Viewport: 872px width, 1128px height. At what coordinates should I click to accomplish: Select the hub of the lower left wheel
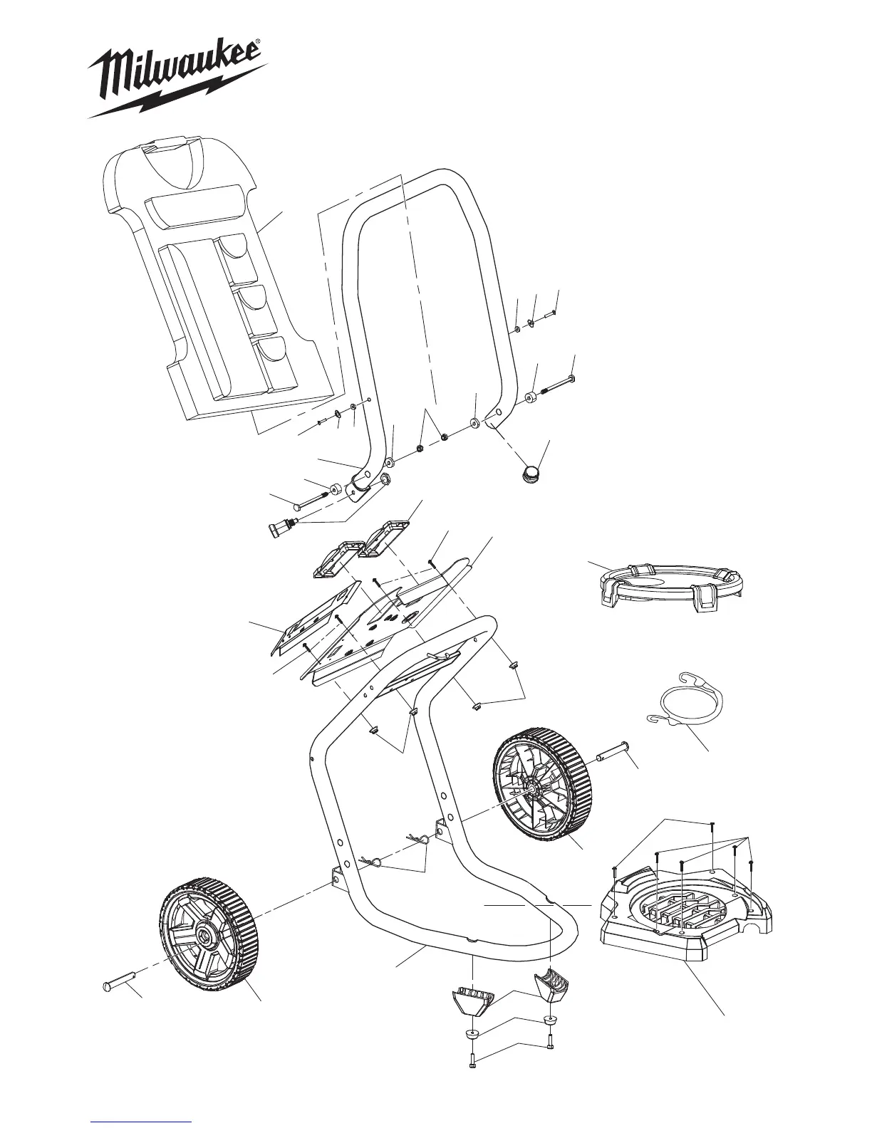click(207, 935)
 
